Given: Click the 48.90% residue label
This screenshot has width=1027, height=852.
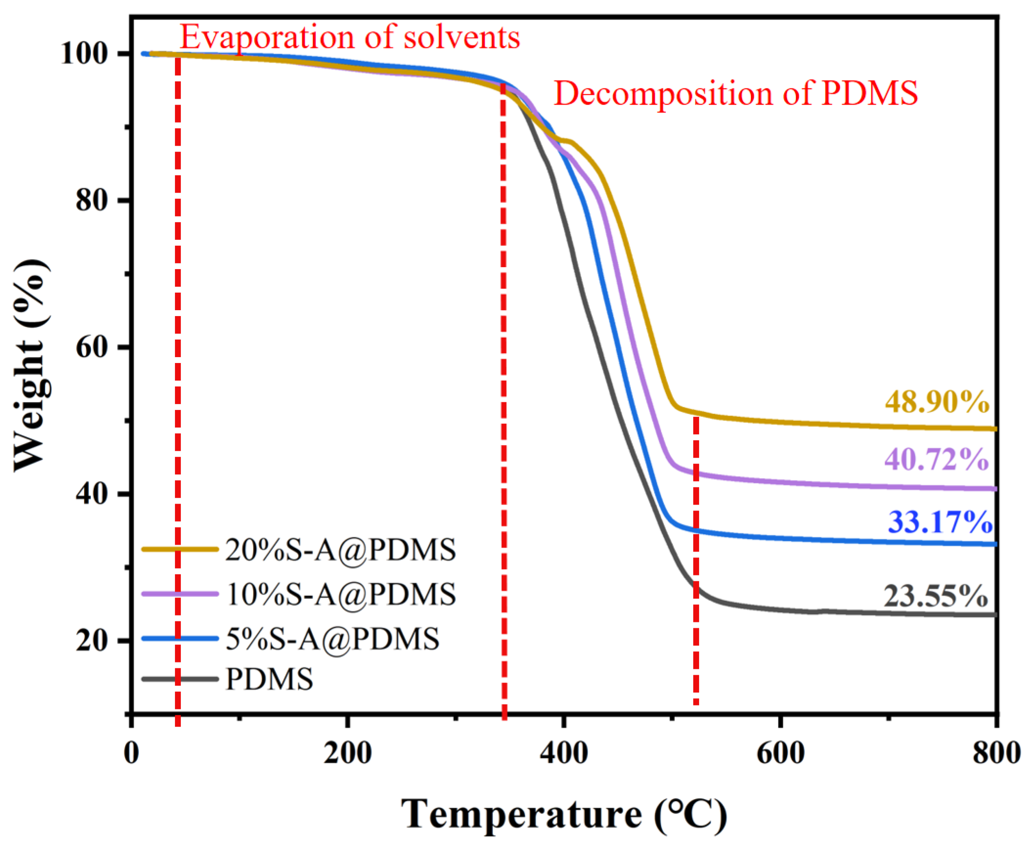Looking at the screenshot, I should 937,402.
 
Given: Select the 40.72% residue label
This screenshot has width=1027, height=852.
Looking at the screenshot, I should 937,460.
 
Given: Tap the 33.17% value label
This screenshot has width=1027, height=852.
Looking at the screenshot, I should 940,522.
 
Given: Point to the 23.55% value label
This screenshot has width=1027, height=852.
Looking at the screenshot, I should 935,596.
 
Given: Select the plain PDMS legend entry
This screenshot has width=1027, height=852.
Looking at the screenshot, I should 269,679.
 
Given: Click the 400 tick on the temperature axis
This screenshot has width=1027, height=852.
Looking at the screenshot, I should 563,754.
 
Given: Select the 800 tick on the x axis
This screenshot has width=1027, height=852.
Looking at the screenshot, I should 996,754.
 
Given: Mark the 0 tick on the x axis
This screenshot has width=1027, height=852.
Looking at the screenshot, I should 131,754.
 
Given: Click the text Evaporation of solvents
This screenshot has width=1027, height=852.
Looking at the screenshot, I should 350,37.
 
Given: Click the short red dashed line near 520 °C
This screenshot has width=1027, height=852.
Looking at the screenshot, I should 696,562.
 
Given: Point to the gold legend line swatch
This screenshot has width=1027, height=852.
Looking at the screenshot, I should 180,549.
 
